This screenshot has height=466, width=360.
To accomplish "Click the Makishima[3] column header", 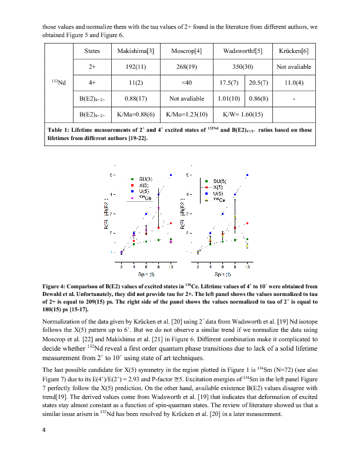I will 136,51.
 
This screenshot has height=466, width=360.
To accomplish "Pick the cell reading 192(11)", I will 136,66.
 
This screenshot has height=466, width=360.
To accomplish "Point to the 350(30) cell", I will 243,66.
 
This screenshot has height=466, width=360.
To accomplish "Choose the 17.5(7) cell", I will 228,82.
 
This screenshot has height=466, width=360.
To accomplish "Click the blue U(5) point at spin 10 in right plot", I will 248,175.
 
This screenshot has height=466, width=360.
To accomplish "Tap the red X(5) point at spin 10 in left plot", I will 171,223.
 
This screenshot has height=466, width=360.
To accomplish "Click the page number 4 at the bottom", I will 44,429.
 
